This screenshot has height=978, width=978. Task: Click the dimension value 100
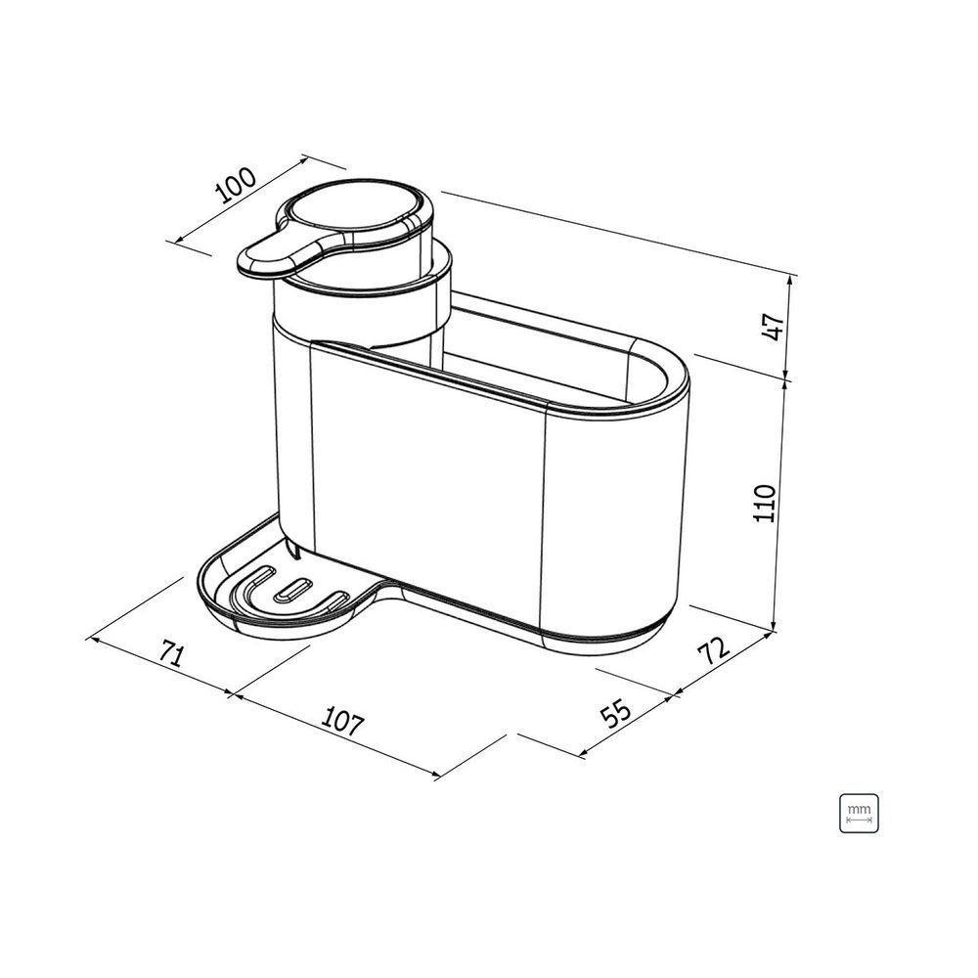[x=236, y=184]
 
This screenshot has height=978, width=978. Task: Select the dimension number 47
[x=773, y=327]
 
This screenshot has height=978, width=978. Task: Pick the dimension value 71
[x=171, y=655]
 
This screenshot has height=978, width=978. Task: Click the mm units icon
[x=859, y=813]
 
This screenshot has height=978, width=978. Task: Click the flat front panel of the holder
[x=425, y=479]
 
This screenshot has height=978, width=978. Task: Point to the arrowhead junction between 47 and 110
[x=788, y=379]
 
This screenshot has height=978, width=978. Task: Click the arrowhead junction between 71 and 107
[x=233, y=695]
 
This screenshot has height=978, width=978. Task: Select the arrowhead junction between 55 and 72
[x=674, y=695]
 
